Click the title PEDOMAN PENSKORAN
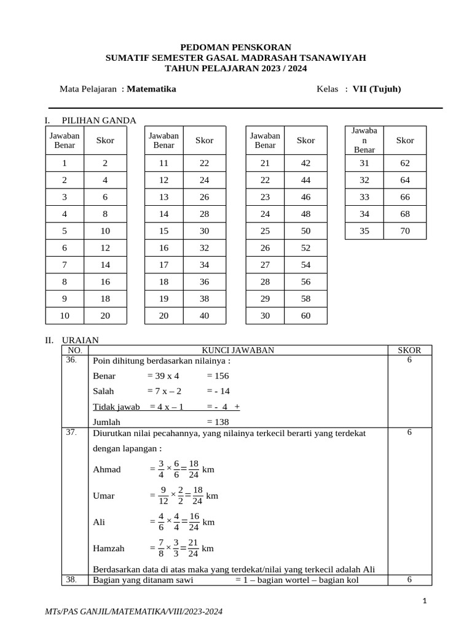[x=235, y=47]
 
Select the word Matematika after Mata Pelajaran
[x=151, y=89]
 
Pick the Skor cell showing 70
[x=405, y=231]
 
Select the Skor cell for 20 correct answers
[x=204, y=316]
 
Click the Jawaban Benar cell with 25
[x=265, y=231]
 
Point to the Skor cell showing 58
[x=305, y=299]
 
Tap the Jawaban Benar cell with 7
[x=64, y=265]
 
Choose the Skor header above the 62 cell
[x=405, y=140]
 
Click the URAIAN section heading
[x=80, y=340]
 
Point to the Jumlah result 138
[x=218, y=423]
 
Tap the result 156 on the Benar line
[x=218, y=376]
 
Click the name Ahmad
[x=107, y=469]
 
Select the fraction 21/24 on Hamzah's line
[x=194, y=548]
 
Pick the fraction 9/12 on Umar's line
[x=163, y=495]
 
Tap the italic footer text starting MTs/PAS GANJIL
[x=134, y=612]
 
